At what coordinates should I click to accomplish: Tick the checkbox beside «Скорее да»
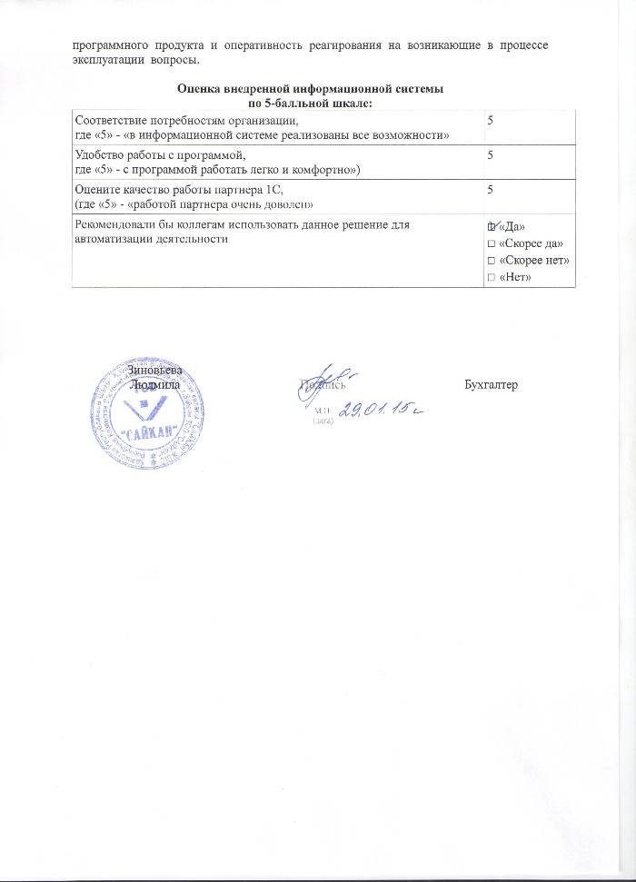(491, 243)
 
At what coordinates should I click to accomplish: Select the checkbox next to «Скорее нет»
(491, 260)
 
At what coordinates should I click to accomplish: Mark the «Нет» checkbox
(491, 277)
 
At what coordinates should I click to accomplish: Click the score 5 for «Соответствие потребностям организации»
(490, 120)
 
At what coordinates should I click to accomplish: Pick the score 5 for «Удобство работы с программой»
(490, 155)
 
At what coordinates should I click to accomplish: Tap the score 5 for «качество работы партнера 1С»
(490, 190)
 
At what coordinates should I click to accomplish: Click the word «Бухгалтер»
(490, 385)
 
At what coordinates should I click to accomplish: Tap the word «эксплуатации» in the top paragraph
(106, 60)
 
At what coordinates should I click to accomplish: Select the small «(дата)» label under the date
(323, 422)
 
